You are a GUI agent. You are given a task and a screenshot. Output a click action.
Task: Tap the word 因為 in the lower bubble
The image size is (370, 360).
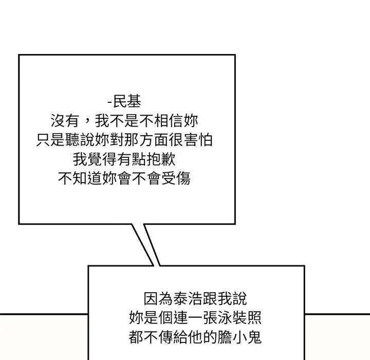pos(158,299)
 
